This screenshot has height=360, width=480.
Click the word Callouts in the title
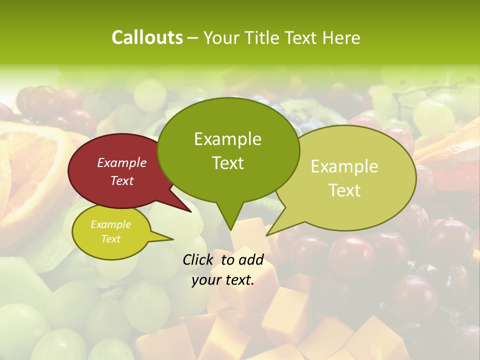coord(147,37)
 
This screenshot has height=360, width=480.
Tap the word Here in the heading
coord(341,37)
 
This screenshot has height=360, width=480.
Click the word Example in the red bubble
coord(122,162)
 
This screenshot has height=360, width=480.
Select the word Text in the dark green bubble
coord(228,163)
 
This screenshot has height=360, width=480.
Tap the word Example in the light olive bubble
coord(344,166)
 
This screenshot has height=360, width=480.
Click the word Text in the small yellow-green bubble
coord(111,239)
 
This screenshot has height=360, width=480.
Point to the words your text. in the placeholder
coord(223,280)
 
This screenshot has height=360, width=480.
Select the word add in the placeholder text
coord(251,259)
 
